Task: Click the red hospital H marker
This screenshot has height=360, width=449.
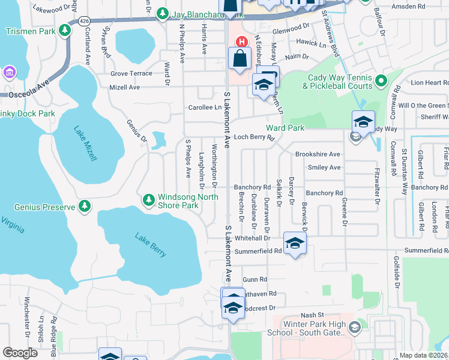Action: tap(241, 41)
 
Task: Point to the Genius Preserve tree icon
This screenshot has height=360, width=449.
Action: tap(85, 207)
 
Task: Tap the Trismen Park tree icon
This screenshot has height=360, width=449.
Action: tap(64, 31)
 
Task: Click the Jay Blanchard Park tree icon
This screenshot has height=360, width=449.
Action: tap(161, 13)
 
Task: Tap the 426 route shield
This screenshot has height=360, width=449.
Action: tap(84, 21)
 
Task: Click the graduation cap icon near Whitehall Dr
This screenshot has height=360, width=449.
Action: tap(294, 243)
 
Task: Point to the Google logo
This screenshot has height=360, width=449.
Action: tap(20, 353)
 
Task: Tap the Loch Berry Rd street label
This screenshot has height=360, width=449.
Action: tap(254, 137)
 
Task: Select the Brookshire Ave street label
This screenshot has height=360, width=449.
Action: tap(318, 154)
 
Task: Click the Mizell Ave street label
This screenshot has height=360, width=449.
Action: tap(125, 87)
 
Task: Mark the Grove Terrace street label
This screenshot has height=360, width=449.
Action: tap(131, 73)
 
